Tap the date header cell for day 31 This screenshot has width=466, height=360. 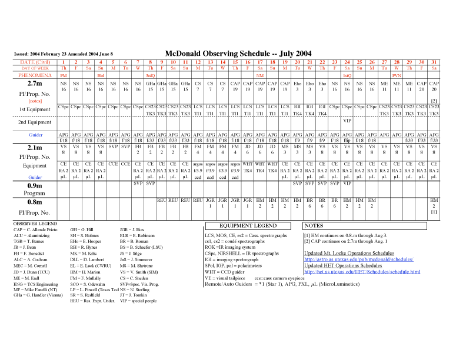[434, 62]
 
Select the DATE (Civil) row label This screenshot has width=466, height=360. [35, 62]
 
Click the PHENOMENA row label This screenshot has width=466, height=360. [35, 75]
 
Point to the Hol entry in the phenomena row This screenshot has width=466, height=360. [101, 76]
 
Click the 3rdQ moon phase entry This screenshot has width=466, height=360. [150, 76]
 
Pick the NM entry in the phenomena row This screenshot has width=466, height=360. [260, 76]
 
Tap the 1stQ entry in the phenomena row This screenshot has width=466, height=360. [347, 76]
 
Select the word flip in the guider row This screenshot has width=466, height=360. [347, 141]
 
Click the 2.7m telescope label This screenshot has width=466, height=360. [30, 85]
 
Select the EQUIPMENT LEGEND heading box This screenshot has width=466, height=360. [248, 225]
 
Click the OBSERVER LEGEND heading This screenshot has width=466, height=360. [35, 224]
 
